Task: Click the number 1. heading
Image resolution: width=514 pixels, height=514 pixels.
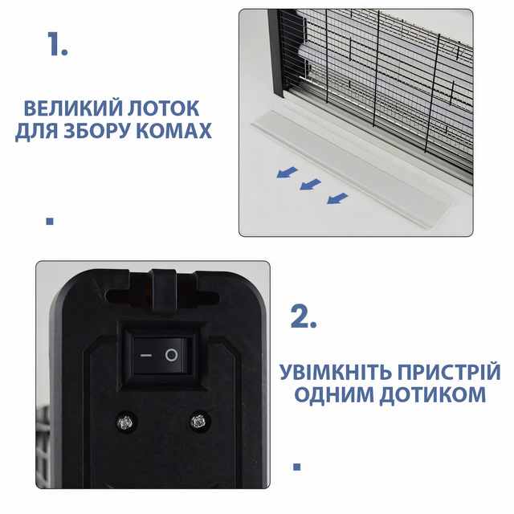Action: pos(57,44)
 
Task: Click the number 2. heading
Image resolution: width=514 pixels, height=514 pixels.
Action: pos(304,316)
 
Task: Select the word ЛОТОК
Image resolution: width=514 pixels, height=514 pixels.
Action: pos(163,108)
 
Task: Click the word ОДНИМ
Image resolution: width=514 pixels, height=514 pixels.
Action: pos(334,394)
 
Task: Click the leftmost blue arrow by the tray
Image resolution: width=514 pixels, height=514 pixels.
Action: pos(288,172)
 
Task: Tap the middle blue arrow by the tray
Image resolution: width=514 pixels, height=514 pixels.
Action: pos(310,184)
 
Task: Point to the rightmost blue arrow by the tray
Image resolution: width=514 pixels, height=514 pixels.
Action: pos(337,198)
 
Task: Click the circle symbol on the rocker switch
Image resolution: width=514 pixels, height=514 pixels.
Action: pos(171,355)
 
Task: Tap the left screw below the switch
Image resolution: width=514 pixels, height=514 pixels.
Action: pos(126,422)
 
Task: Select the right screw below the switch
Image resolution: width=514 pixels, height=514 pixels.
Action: pos(198,421)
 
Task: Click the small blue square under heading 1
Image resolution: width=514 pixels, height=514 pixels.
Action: pos(50,222)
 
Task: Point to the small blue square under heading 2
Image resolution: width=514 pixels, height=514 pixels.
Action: pos(297,467)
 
